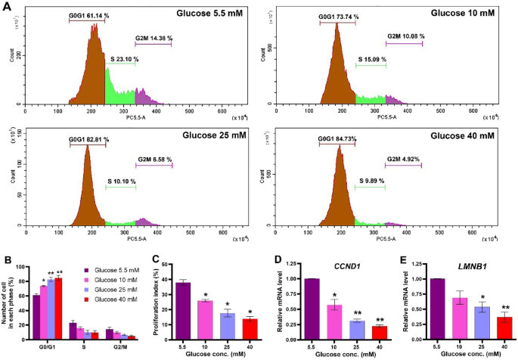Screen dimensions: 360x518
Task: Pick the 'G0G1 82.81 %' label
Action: (x=89, y=140)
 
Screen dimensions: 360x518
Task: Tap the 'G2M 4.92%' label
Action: (x=404, y=160)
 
